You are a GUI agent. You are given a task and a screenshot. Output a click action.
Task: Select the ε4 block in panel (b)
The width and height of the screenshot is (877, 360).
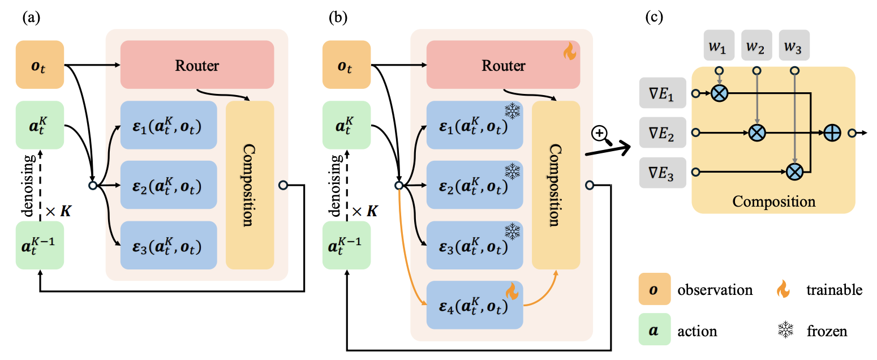475,305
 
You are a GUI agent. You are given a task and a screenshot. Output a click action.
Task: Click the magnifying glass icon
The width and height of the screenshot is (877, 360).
600,134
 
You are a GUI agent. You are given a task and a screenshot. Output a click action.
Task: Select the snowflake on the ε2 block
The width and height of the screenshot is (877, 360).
511,172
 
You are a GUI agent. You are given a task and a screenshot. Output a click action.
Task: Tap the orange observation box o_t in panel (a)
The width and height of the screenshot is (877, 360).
40,65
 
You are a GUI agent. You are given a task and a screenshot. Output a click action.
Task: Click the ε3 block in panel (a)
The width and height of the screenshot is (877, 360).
169,245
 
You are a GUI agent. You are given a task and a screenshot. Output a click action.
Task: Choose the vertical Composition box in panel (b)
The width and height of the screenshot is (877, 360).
556,185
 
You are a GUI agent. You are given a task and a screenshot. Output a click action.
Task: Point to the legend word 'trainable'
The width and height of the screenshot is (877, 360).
835,290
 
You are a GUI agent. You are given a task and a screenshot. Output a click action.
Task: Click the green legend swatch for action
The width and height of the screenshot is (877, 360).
655,329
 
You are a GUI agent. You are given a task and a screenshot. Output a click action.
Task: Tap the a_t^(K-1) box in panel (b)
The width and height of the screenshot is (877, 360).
346,245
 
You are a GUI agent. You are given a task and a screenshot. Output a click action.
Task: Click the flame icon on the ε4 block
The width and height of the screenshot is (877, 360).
511,292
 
